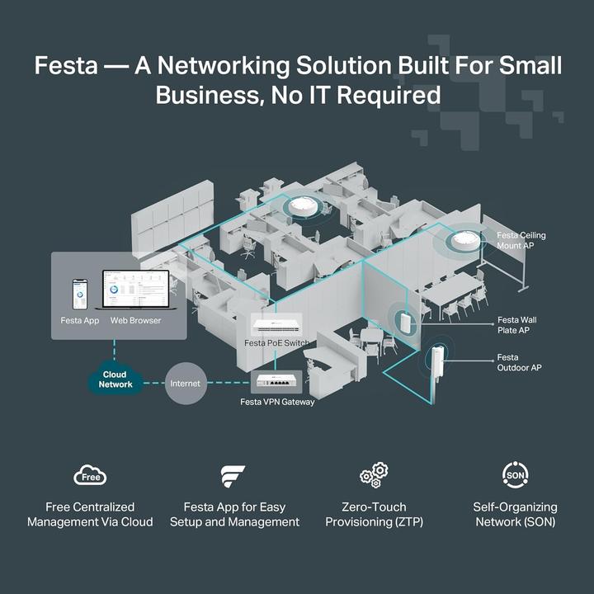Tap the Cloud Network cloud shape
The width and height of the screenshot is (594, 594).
(x=115, y=379)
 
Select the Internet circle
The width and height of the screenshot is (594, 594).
(x=186, y=384)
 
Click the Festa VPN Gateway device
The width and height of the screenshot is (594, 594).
(x=277, y=383)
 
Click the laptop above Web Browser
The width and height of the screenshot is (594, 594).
(x=135, y=292)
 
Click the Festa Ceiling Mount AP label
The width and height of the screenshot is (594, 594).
(x=521, y=241)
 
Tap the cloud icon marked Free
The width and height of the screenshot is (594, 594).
(x=90, y=476)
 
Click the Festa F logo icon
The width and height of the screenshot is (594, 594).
(x=233, y=476)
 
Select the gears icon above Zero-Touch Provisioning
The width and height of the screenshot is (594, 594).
(x=374, y=474)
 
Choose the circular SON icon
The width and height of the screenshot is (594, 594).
(x=515, y=474)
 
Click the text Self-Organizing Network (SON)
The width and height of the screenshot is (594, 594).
(x=515, y=514)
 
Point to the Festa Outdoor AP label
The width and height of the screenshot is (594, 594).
(x=519, y=362)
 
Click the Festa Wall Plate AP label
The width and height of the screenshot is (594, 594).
(x=517, y=324)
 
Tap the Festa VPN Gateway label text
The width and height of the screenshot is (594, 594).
(x=277, y=402)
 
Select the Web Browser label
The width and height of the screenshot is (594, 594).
(x=136, y=320)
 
